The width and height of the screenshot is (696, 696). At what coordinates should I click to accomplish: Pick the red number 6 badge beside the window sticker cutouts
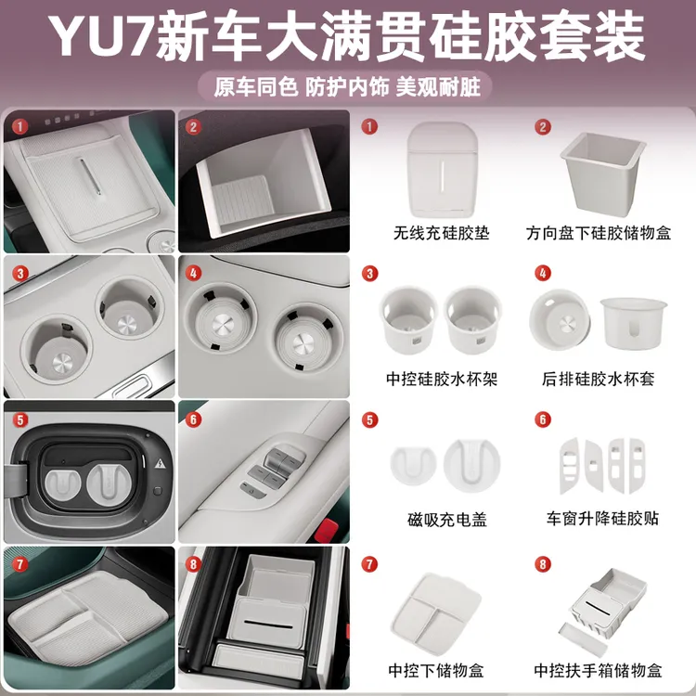pos(544,419)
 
